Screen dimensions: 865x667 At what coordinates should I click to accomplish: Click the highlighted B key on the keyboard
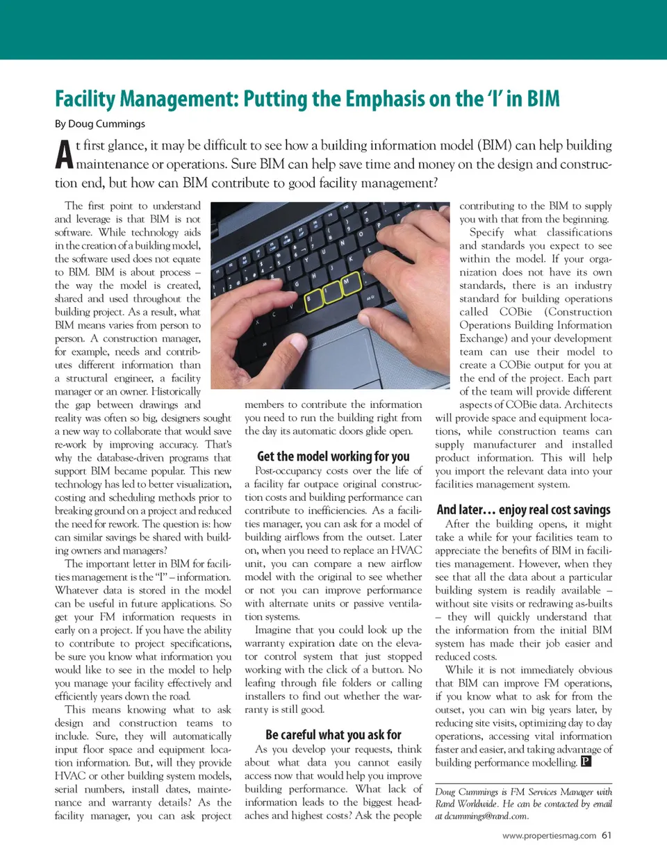(314, 300)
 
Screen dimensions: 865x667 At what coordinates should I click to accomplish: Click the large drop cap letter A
(64, 155)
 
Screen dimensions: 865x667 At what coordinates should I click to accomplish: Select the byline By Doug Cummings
(100, 124)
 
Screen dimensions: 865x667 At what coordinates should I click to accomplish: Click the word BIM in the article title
(543, 99)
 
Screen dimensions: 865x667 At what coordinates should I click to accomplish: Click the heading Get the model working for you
(333, 456)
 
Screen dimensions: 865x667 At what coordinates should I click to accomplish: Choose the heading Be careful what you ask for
(333, 734)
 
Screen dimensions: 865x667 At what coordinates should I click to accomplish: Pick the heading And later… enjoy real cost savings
(523, 509)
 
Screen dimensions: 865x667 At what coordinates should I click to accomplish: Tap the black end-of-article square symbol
(586, 761)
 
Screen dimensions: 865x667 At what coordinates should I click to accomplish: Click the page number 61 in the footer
(607, 835)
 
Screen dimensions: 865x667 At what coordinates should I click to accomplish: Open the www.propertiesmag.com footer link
(549, 836)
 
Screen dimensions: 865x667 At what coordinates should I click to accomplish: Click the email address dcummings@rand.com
(486, 816)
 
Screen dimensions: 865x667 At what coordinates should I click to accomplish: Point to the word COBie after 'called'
(515, 312)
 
